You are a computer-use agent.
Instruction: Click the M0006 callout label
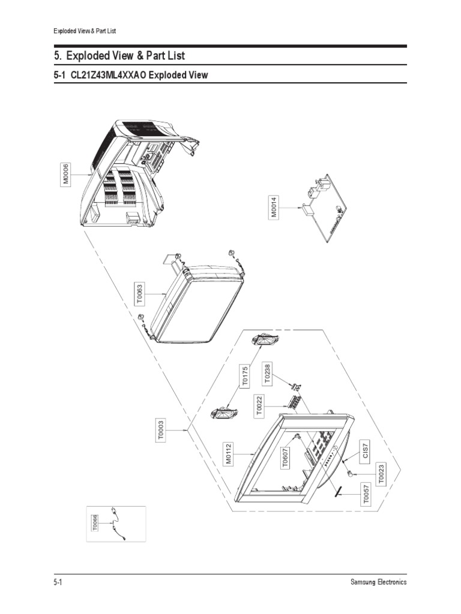[67, 174]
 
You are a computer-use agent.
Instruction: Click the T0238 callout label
[268, 373]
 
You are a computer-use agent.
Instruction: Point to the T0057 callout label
[366, 495]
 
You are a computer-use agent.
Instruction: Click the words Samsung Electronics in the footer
[378, 582]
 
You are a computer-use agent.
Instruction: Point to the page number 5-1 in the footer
[58, 582]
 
